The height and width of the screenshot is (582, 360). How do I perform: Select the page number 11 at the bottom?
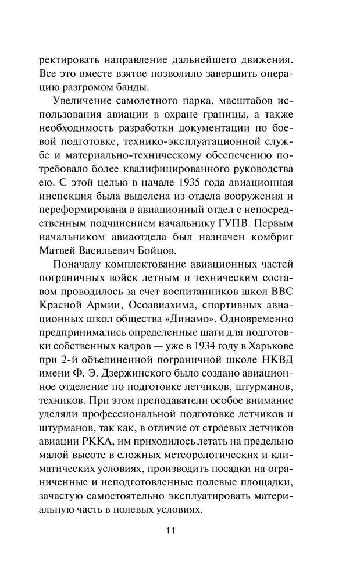click(x=170, y=530)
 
